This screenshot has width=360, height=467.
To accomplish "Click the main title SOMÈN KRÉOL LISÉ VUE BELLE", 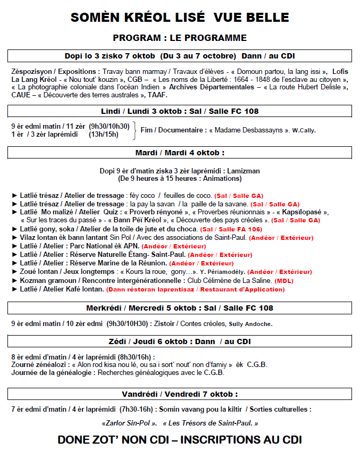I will point(180,17).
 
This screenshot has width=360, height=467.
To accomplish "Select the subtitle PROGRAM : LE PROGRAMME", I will point(180,38).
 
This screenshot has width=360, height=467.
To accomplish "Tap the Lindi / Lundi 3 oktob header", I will point(180,111).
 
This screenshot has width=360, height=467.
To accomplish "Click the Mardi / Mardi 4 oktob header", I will point(180,153).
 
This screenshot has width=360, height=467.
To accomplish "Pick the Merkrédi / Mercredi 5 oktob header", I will point(180,308).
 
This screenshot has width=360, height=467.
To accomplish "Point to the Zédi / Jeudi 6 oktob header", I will point(180,341).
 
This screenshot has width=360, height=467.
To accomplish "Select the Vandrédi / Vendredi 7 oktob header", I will point(180,394).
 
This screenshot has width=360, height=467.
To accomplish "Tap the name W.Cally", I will point(304,131).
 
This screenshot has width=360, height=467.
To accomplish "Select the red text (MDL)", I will point(284,281).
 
